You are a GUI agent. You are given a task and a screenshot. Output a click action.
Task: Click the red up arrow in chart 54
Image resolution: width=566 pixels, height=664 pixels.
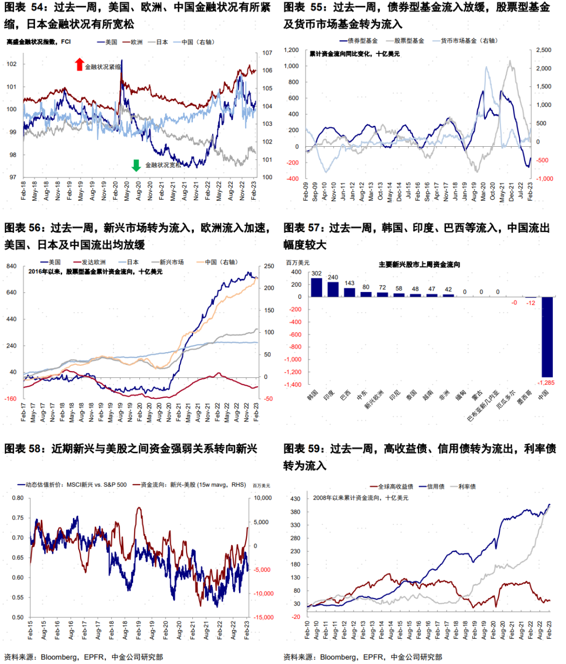[x=80, y=64]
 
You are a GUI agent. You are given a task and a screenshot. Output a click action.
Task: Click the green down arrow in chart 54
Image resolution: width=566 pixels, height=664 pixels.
[x=136, y=165]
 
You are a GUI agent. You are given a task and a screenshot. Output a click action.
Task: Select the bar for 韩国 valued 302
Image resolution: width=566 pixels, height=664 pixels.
[x=317, y=287]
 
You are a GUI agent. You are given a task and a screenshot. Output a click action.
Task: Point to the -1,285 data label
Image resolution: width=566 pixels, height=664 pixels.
[x=546, y=383]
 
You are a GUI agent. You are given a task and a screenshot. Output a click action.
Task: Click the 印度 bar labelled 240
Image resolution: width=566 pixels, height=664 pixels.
[x=333, y=289]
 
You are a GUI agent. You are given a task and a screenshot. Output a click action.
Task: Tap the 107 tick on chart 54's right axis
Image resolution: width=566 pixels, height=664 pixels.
[x=267, y=53]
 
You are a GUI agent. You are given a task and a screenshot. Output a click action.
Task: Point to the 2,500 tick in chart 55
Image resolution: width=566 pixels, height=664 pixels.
[x=543, y=50]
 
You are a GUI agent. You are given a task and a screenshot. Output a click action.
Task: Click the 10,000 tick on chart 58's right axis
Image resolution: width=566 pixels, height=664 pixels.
[x=263, y=498]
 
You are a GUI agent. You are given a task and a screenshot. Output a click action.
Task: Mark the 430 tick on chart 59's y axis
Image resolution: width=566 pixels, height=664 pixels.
[x=295, y=498]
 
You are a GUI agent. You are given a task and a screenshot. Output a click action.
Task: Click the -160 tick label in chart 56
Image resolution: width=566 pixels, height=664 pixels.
[x=11, y=398]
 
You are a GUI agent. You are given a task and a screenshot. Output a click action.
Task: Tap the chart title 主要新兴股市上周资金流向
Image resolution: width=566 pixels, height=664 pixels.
[x=419, y=264]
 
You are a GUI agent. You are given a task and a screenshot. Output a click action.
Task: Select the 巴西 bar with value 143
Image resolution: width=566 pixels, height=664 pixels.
[x=350, y=292]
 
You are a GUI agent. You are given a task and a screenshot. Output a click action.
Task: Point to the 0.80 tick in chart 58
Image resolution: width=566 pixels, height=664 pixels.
[x=18, y=498]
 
